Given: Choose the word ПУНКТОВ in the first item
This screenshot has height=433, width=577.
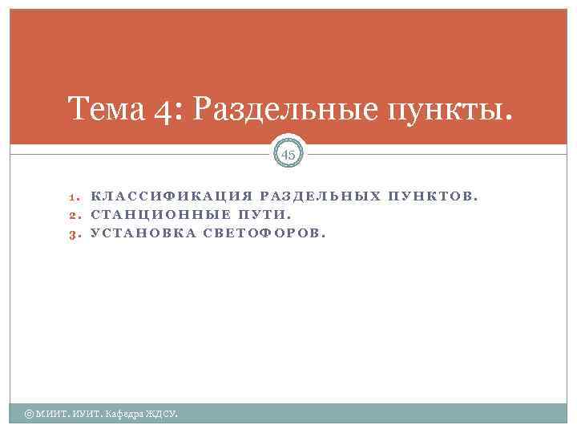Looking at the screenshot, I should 433,196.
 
